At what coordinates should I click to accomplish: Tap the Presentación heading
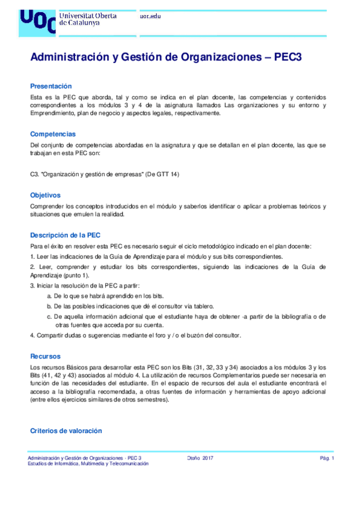coord(50,86)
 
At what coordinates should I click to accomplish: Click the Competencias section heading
coord(53,134)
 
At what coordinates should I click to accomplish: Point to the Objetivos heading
coord(46,195)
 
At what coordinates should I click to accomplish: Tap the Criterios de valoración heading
coord(66,431)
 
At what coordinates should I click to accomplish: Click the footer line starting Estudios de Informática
coord(88,464)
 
